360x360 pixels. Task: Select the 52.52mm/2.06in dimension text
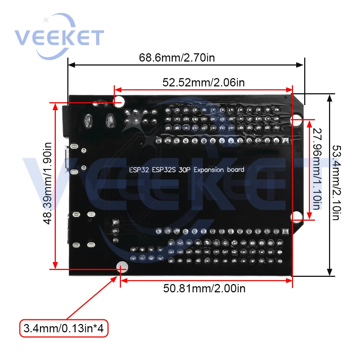[203, 82]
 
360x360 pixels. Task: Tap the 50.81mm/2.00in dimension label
[204, 288]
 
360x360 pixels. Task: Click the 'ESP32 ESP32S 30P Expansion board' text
[186, 170]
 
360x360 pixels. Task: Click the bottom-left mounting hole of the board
[122, 267]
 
